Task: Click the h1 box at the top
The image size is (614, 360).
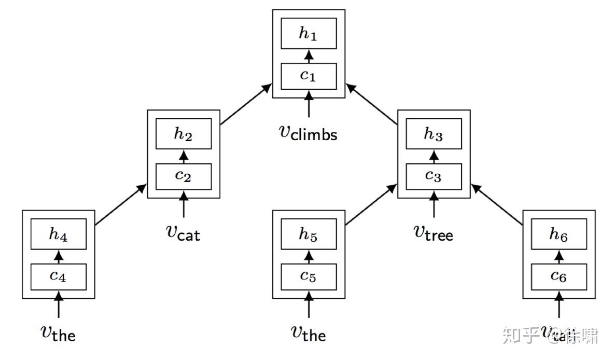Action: (x=309, y=33)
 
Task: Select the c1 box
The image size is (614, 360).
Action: (x=309, y=76)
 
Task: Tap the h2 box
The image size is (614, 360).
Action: (x=184, y=134)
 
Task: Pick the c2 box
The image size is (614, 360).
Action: (x=184, y=176)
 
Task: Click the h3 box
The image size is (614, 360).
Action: (x=434, y=134)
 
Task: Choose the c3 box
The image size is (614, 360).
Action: (x=434, y=176)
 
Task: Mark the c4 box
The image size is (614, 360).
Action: (x=58, y=276)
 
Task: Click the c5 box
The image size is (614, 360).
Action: (x=309, y=276)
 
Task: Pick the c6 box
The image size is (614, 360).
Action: (x=559, y=276)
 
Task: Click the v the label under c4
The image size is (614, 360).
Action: (x=58, y=333)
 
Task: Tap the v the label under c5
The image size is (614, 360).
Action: (x=309, y=333)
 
